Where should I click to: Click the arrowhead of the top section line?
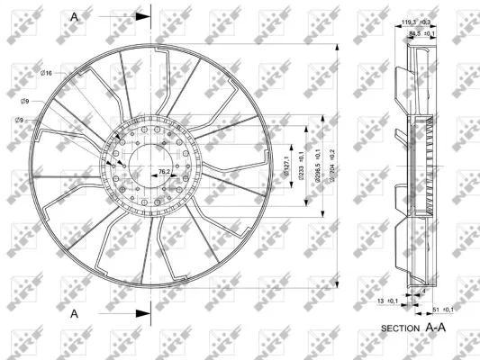(140, 16)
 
